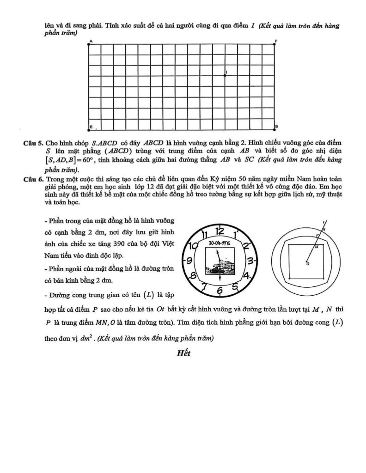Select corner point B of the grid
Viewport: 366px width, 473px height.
[276, 129]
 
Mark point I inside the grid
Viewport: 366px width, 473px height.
[225, 75]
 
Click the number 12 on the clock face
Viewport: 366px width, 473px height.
[220, 231]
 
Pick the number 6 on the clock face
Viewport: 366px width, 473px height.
[220, 291]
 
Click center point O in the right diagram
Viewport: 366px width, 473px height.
[307, 262]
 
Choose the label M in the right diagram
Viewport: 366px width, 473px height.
[317, 247]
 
